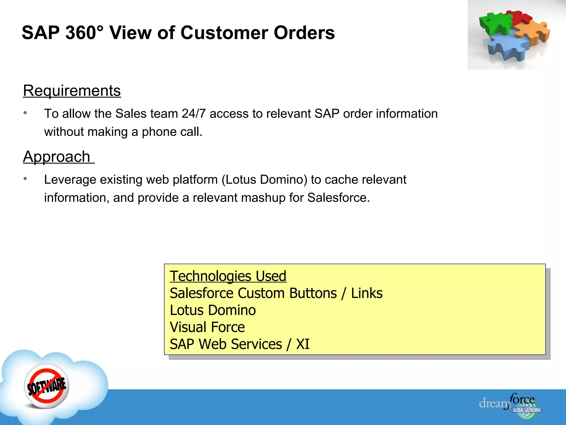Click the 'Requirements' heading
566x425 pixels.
(x=72, y=91)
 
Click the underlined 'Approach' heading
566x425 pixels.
(x=57, y=157)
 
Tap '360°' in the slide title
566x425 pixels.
(x=85, y=33)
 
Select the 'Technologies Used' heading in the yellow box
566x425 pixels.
(x=228, y=276)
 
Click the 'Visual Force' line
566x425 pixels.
(x=207, y=327)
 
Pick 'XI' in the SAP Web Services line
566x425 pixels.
(x=303, y=344)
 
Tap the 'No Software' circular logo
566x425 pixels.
(x=47, y=386)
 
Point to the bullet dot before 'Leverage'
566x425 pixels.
(x=25, y=179)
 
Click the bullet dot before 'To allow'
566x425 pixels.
(x=25, y=113)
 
